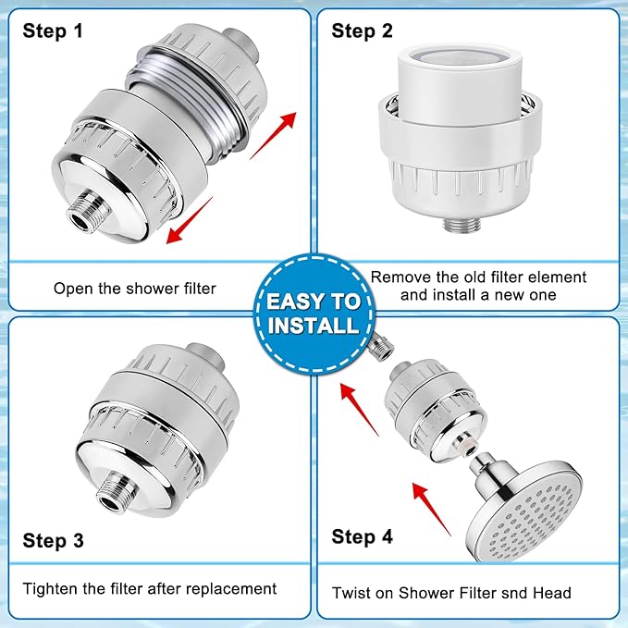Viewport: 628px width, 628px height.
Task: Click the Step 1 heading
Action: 53,31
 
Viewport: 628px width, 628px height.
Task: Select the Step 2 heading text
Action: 363,31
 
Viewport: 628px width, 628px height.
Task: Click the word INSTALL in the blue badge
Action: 314,325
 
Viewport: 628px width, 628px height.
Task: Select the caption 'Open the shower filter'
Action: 135,288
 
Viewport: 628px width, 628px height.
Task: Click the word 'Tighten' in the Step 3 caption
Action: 53,588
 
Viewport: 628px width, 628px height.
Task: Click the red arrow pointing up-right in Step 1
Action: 276,131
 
